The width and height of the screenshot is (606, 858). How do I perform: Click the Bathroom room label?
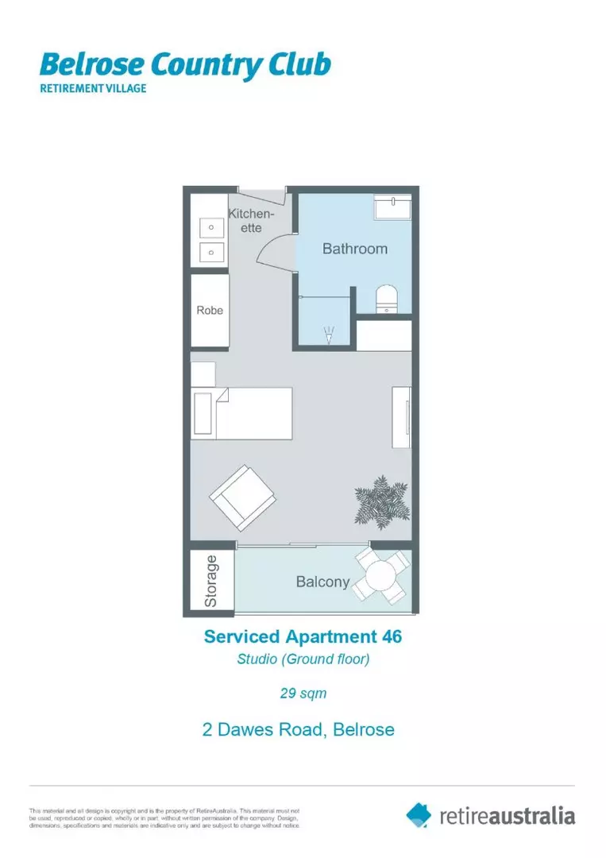pyautogui.click(x=354, y=249)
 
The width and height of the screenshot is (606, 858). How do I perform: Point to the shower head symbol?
pyautogui.click(x=329, y=336)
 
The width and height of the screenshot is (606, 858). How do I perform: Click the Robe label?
pyautogui.click(x=210, y=310)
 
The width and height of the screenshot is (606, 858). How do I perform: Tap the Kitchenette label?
pyautogui.click(x=252, y=220)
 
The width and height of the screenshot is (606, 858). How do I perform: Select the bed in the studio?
pyautogui.click(x=242, y=413)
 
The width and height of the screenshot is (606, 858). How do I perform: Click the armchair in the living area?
pyautogui.click(x=242, y=498)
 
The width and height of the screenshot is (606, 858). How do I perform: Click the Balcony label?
pyautogui.click(x=322, y=582)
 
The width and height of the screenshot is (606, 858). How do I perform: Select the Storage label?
pyautogui.click(x=211, y=582)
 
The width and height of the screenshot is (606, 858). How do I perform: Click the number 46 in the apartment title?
pyautogui.click(x=391, y=636)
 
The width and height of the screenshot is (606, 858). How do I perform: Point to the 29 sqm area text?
pyautogui.click(x=303, y=693)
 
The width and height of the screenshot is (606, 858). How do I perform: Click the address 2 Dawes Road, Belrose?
pyautogui.click(x=299, y=729)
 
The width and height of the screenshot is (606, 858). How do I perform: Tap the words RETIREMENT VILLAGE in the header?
pyautogui.click(x=93, y=88)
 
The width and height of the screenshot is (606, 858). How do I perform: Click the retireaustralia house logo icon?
pyautogui.click(x=419, y=814)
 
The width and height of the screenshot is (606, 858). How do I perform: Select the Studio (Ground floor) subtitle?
pyautogui.click(x=303, y=659)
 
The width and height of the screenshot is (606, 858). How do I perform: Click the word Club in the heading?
pyautogui.click(x=299, y=65)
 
